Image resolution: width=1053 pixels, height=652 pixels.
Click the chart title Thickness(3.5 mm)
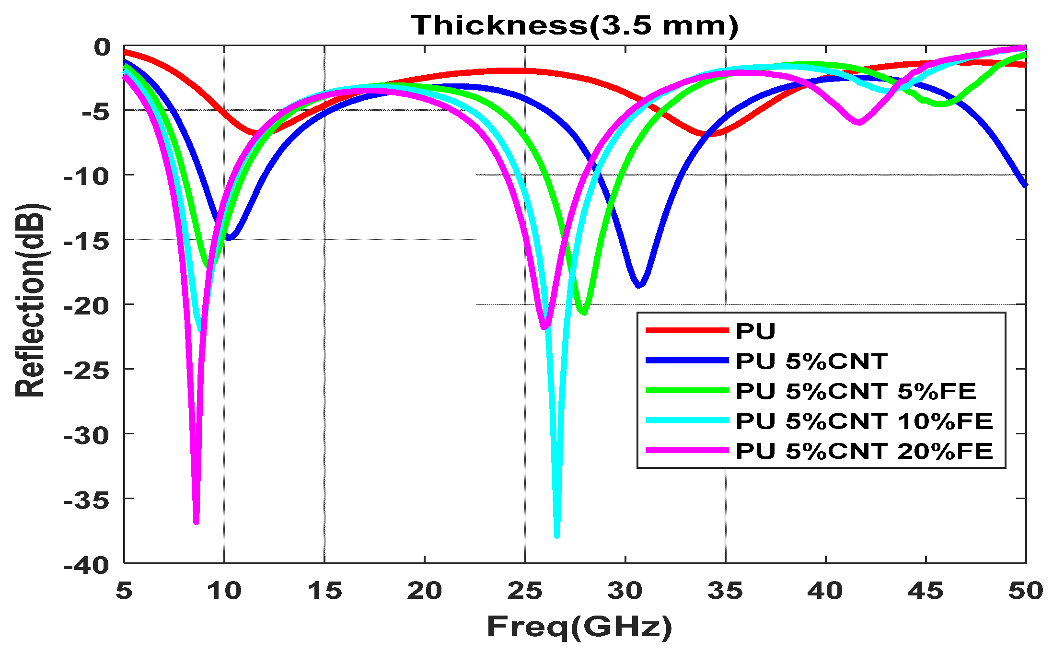pos(574,25)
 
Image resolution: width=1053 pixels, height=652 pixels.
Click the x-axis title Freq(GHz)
pos(579,626)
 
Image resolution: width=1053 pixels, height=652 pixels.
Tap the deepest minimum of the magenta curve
pos(196,522)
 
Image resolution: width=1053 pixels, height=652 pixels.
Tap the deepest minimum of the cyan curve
pos(556,535)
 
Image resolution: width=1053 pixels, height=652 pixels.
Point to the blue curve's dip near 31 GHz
pos(639,285)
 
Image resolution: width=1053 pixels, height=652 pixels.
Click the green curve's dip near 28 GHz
pos(583,313)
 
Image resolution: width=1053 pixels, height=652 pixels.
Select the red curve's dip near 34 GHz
pos(711,134)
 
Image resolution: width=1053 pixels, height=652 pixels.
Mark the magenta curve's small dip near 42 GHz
pos(858,123)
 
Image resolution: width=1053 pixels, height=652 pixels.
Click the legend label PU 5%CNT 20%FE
pos(864,451)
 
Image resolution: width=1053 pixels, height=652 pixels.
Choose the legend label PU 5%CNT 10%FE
pos(864,421)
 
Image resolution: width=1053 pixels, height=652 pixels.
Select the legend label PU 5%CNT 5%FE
pos(856,391)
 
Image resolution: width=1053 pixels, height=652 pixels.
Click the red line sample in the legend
pos(687,330)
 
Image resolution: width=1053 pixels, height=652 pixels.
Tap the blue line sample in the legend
pos(687,361)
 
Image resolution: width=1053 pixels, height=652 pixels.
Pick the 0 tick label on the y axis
pos(102,47)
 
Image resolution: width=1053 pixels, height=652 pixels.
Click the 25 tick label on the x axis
pos(525,591)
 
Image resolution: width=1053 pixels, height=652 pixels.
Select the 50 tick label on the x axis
pos(1025,591)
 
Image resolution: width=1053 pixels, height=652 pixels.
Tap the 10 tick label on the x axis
pos(224,591)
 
